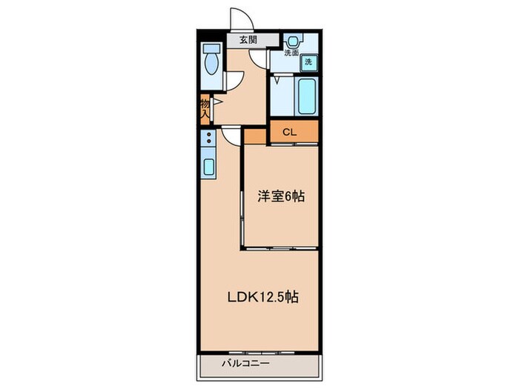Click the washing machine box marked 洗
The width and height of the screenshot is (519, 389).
(308, 63)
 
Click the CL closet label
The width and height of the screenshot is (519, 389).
(289, 133)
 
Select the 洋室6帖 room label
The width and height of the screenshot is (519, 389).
(281, 196)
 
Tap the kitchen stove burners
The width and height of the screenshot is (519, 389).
(209, 139)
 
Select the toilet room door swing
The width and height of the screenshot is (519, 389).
(233, 79)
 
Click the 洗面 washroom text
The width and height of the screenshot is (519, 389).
(292, 53)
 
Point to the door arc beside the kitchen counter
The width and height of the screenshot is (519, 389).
(231, 134)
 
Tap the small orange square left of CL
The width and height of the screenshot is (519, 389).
(254, 135)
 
